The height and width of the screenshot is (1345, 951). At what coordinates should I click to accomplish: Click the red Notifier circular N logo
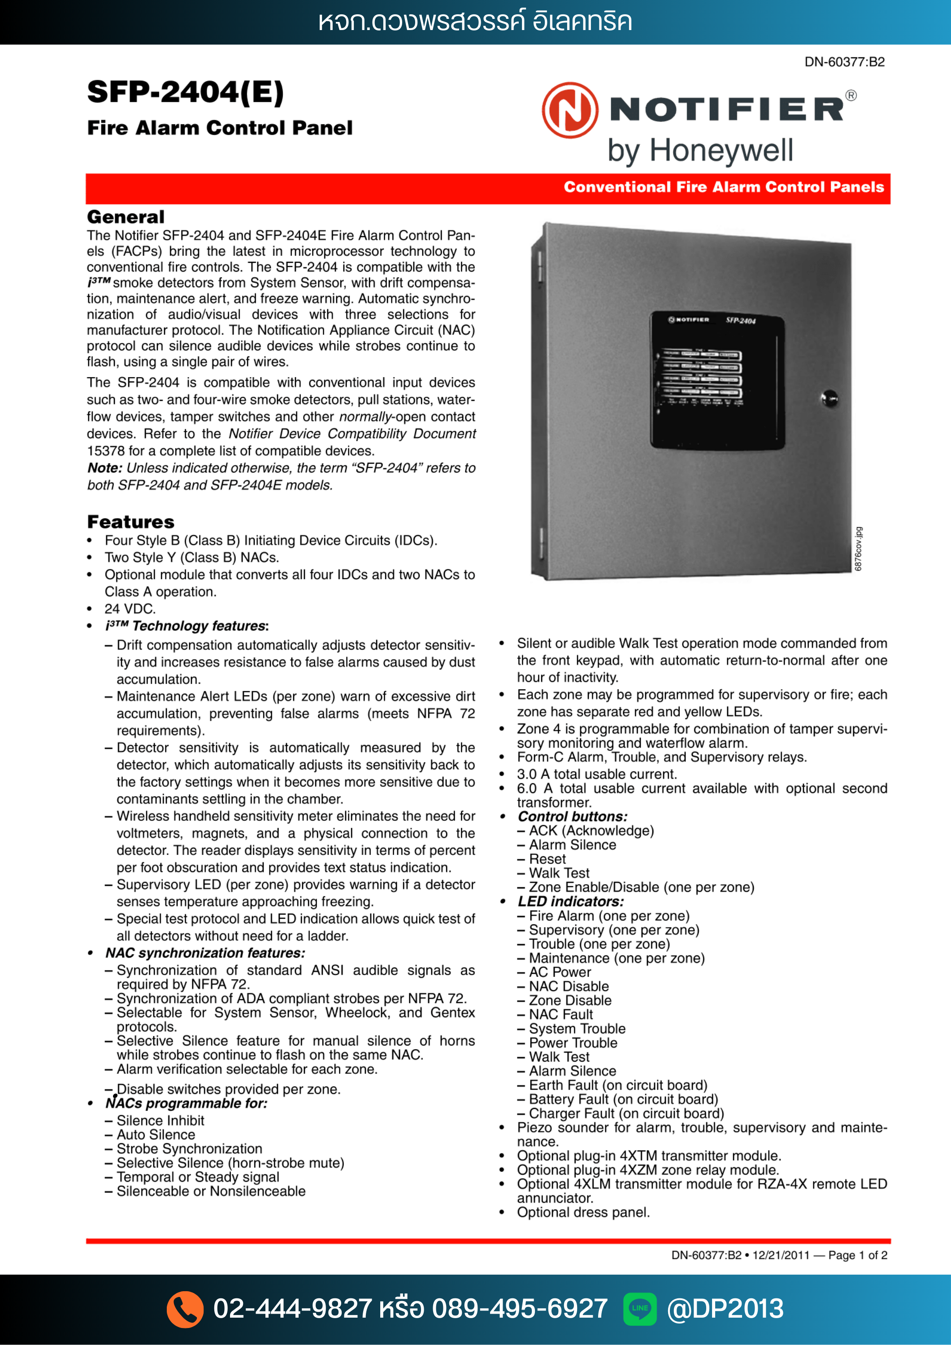[x=569, y=110]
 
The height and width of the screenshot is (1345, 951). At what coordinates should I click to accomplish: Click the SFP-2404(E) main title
[x=185, y=92]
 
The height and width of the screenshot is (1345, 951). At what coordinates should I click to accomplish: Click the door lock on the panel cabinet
[x=829, y=399]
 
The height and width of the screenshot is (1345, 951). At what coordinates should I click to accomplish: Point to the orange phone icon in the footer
[x=185, y=1309]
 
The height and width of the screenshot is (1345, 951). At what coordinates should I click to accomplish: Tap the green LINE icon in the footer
[x=639, y=1309]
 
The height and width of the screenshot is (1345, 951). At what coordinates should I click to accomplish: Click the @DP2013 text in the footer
[x=725, y=1309]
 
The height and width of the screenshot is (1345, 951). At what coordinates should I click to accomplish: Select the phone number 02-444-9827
[x=292, y=1309]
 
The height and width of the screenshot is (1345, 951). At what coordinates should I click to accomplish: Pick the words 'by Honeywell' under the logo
[x=700, y=151]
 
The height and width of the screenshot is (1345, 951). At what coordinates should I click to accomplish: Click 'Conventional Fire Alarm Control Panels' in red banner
[x=724, y=187]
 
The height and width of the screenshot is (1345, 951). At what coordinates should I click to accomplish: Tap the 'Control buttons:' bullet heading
[x=573, y=816]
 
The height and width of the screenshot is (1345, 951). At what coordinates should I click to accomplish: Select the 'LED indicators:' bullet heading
[x=571, y=902]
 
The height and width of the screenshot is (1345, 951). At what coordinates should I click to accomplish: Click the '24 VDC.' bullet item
[x=130, y=609]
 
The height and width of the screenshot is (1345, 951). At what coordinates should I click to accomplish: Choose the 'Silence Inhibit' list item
[x=161, y=1121]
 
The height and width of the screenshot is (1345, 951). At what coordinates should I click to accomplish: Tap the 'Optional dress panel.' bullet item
[x=583, y=1213]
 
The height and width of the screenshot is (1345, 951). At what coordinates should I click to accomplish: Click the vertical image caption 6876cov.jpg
[x=859, y=549]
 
